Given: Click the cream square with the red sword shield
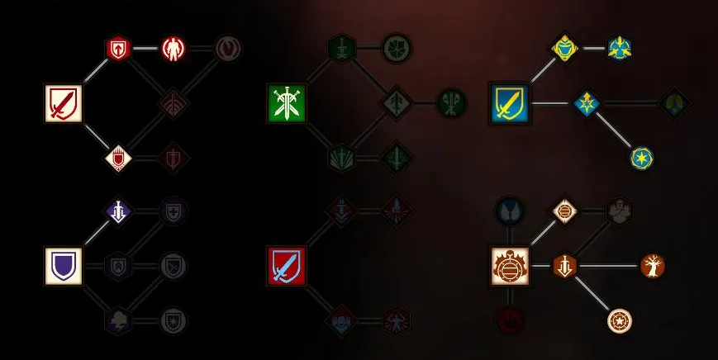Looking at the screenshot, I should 63,104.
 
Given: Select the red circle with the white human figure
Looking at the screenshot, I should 174,48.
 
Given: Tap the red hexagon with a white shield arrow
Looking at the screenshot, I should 119,48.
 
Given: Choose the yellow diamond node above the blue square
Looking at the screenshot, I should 564,48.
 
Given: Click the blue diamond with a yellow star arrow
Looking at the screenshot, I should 587,104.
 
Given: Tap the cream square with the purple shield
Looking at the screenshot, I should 63,266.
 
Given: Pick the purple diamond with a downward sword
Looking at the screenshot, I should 119,211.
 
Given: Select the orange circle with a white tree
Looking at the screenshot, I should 653,266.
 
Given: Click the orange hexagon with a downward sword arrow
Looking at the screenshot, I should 564,266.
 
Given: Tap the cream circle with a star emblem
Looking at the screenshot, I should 619,320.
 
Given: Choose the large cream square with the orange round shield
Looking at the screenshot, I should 509,266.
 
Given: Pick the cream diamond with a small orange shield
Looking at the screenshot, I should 564,211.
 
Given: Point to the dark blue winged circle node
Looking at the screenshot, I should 509,211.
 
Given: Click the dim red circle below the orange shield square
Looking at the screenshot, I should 509,320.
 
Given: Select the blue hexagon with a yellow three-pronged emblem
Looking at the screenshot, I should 619,48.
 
